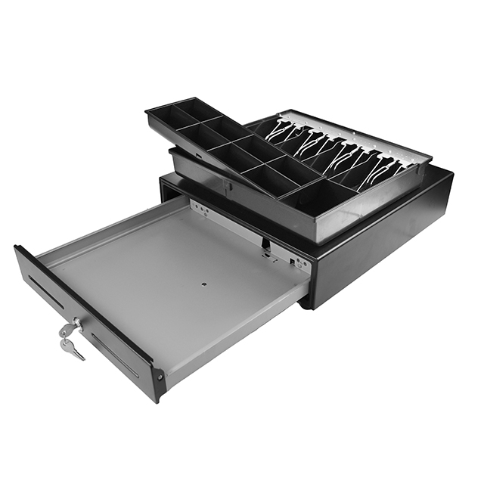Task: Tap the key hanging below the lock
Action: coord(73,348)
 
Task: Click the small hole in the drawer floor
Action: coord(204,284)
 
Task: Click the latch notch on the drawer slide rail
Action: coord(266,244)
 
